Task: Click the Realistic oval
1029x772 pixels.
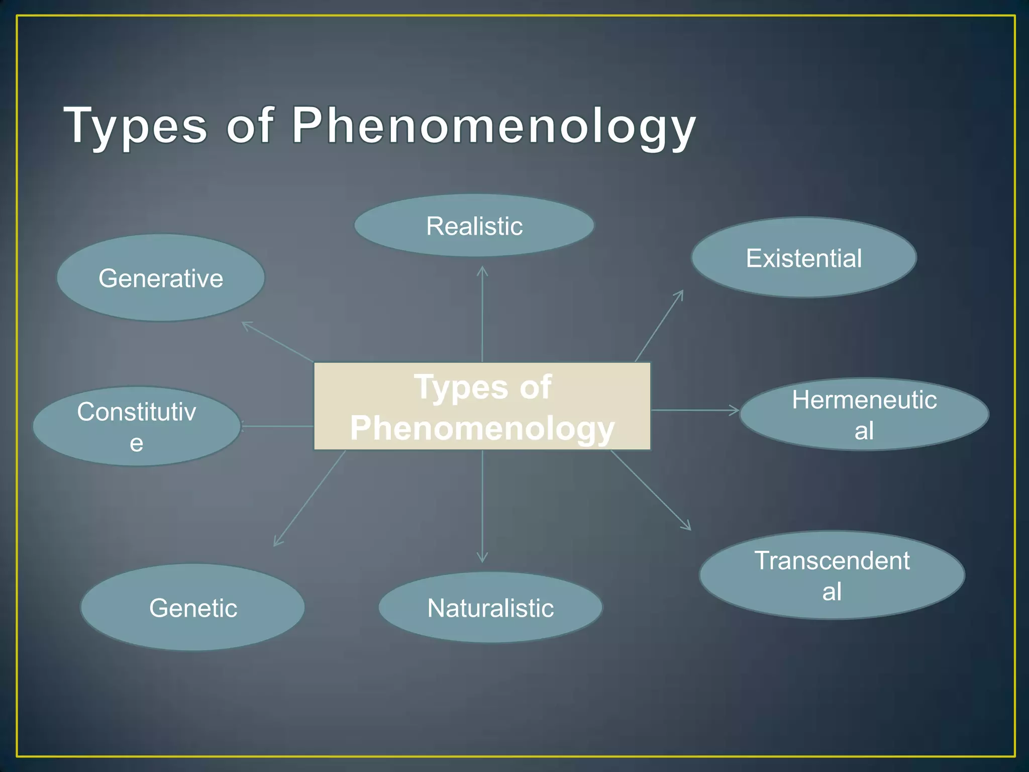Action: point(474,226)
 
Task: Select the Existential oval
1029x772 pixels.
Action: point(804,258)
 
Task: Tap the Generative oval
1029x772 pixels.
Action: point(161,278)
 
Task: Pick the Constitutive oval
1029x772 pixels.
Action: point(137,426)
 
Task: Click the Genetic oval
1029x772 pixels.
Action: point(193,608)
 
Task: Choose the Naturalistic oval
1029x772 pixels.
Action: point(490,608)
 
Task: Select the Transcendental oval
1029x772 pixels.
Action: point(832,575)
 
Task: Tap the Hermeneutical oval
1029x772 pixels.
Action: point(864,415)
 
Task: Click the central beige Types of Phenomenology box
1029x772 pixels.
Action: point(482,406)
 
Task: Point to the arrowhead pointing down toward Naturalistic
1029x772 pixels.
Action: point(482,558)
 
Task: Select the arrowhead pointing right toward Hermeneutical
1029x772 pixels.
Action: point(735,410)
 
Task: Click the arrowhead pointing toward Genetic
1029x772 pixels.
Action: point(277,542)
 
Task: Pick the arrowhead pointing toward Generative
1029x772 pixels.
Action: point(246,325)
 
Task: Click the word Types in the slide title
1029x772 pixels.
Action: point(136,126)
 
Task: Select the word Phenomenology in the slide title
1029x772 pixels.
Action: point(493,126)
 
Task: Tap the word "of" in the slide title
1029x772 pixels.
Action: point(250,126)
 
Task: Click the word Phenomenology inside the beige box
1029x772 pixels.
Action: point(482,428)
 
